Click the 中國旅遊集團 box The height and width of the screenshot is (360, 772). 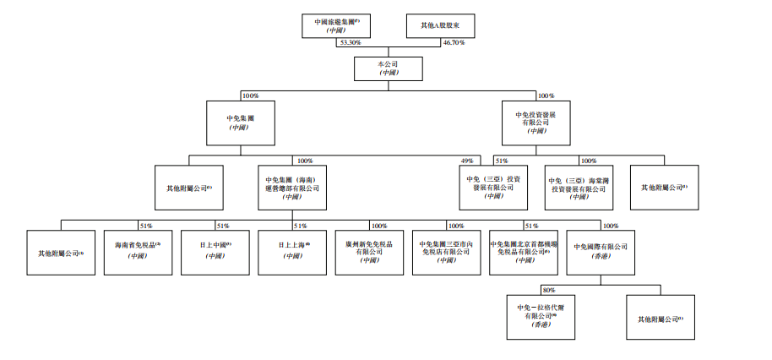point(336,25)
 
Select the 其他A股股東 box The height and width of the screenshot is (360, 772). point(440,25)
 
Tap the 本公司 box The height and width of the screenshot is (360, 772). point(389,68)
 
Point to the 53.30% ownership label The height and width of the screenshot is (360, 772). point(350,42)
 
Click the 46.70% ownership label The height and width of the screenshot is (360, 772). point(454,42)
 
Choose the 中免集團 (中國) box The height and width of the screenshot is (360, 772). point(240,123)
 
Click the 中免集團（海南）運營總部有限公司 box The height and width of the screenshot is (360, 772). point(292,188)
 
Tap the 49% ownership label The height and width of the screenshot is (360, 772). point(465,161)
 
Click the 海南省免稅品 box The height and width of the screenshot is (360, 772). point(138,251)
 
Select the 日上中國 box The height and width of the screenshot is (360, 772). point(215,251)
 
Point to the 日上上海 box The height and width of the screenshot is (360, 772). point(292,251)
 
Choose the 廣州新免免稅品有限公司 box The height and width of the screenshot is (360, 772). point(369,251)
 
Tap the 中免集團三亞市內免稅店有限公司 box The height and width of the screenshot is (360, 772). point(446,251)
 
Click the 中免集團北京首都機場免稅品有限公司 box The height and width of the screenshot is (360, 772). point(525,251)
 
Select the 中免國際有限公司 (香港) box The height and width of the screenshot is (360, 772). point(601,251)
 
